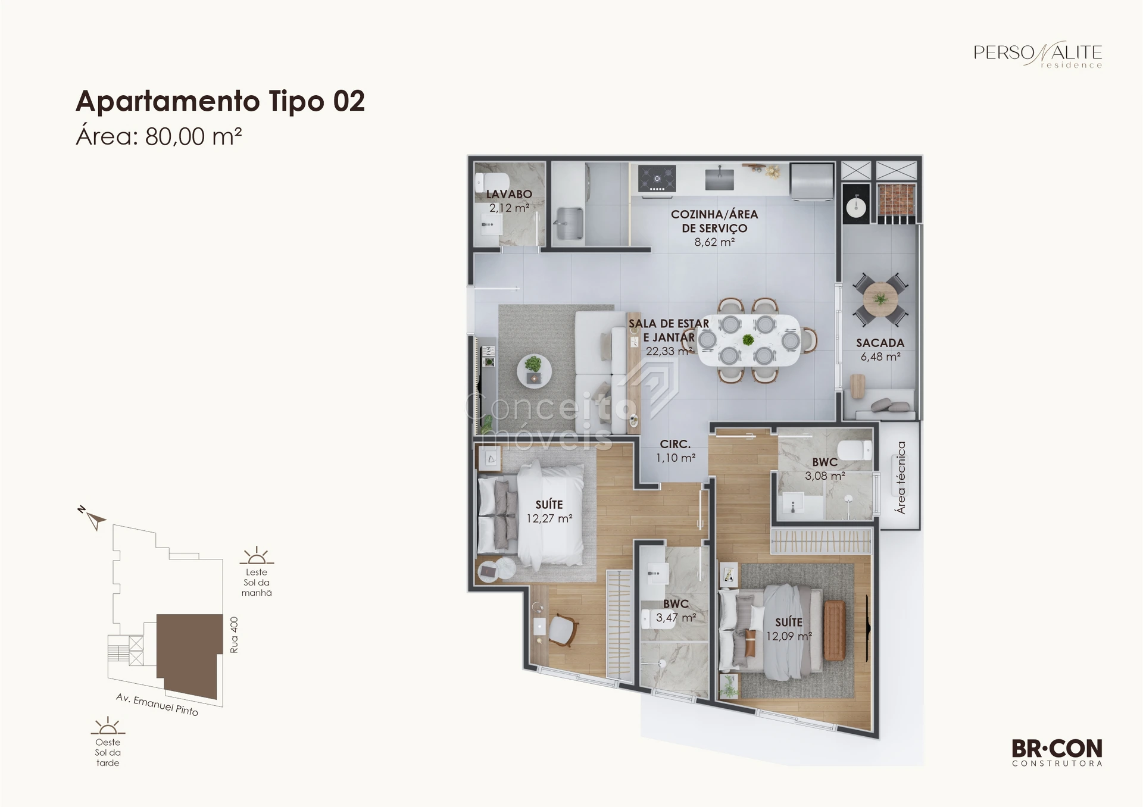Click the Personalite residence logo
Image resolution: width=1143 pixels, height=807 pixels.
pyautogui.click(x=1038, y=55)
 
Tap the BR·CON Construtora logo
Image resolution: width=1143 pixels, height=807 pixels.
pyautogui.click(x=1057, y=752)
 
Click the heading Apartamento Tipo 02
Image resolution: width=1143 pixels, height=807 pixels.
pyautogui.click(x=220, y=101)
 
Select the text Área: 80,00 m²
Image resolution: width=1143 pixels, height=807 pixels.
pyautogui.click(x=158, y=136)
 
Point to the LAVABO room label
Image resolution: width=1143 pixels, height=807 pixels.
pyautogui.click(x=509, y=194)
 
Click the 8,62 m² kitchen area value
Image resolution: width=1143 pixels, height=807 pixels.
pyautogui.click(x=714, y=242)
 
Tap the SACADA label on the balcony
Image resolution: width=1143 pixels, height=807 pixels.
pyautogui.click(x=880, y=343)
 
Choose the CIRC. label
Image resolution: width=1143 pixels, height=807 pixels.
pyautogui.click(x=675, y=444)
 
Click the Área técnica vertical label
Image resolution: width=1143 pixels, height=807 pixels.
pyautogui.click(x=901, y=477)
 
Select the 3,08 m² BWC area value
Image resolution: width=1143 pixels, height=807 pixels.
pyautogui.click(x=825, y=476)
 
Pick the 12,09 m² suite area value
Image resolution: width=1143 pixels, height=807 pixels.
pyautogui.click(x=789, y=636)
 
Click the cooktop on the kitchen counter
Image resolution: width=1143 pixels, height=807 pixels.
pyautogui.click(x=657, y=179)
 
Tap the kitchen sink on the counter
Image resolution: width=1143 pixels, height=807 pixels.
pyautogui.click(x=719, y=179)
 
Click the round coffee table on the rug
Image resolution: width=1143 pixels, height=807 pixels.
pyautogui.click(x=534, y=372)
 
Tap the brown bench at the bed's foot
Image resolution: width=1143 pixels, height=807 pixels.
pyautogui.click(x=835, y=630)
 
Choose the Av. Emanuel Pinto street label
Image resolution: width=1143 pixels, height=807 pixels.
pyautogui.click(x=157, y=705)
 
